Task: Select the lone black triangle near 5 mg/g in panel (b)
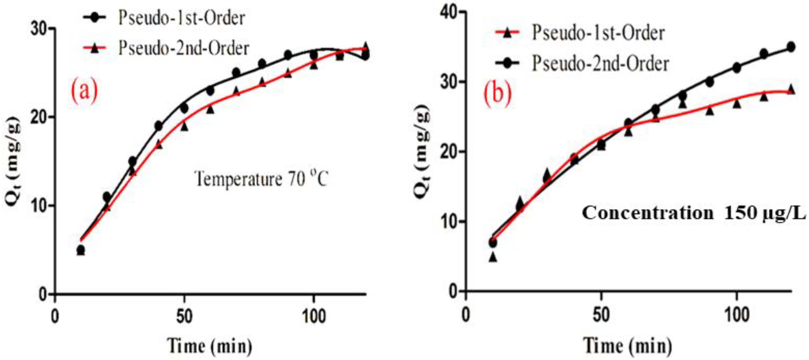[x=493, y=257]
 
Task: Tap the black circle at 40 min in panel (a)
[x=159, y=126]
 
